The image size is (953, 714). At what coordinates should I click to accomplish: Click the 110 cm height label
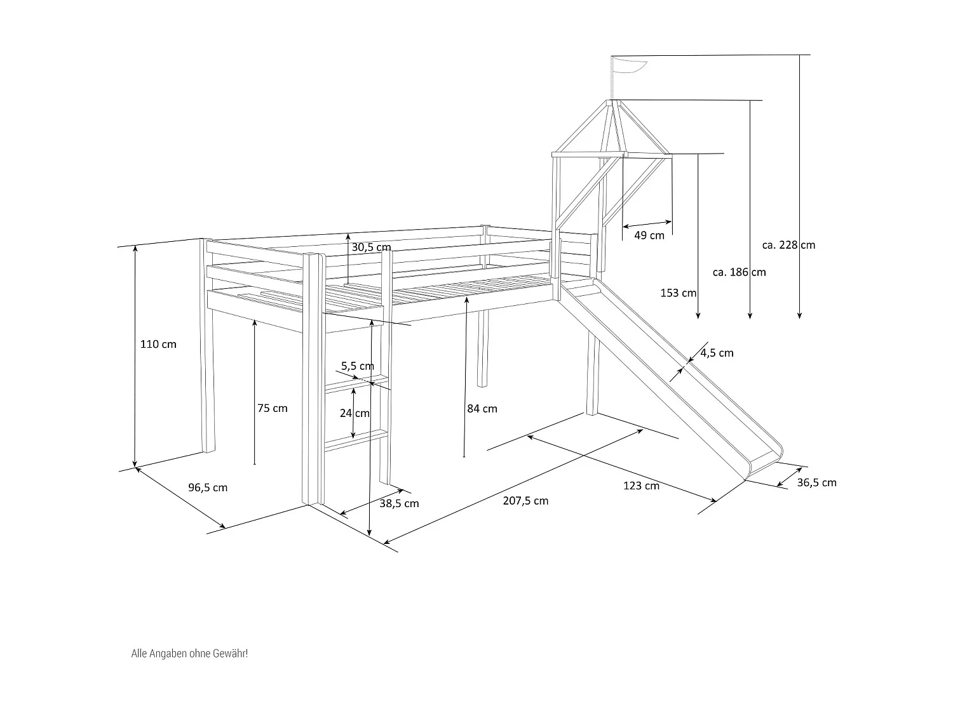(158, 345)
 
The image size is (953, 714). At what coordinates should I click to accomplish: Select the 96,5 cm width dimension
(208, 487)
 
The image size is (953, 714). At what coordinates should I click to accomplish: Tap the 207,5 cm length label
(525, 501)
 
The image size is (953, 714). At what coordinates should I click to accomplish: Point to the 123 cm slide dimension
(641, 486)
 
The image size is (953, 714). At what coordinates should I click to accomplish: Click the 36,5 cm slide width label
(816, 483)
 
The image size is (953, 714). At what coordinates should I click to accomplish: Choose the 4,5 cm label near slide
(717, 353)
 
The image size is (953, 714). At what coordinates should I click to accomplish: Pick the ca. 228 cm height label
(788, 245)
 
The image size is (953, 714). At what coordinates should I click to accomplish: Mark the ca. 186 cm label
(739, 272)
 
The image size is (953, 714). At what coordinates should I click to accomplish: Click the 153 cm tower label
(679, 293)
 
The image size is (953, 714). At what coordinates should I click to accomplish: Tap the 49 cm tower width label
(649, 235)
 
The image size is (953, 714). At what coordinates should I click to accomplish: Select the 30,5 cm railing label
(371, 247)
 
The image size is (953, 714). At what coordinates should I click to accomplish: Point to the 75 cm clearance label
(272, 409)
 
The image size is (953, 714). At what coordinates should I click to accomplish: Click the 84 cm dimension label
(482, 409)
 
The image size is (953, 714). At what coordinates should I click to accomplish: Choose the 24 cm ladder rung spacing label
(355, 413)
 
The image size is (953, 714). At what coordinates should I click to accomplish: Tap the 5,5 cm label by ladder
(357, 366)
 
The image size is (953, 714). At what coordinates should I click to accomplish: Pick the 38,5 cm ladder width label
(399, 503)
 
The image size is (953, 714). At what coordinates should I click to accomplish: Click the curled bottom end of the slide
(765, 462)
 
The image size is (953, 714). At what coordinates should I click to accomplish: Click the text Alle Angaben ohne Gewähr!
(189, 653)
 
